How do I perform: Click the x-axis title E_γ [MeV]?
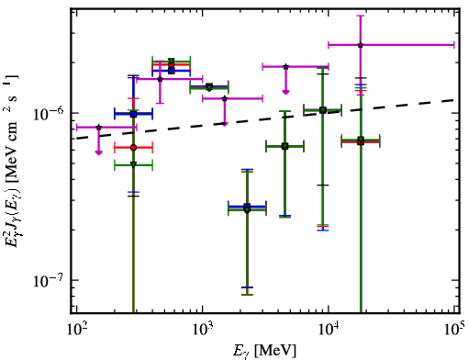click(264, 351)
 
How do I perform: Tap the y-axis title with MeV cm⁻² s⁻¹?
click(13, 161)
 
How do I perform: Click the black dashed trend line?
click(265, 119)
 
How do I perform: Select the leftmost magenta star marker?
click(98, 127)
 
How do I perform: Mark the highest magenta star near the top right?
click(361, 45)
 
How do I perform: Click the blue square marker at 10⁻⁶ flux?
click(133, 114)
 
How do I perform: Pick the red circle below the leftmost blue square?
click(133, 148)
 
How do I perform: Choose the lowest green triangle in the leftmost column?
click(133, 164)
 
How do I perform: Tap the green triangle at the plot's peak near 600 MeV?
click(172, 61)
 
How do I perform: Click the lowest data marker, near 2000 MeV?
click(247, 208)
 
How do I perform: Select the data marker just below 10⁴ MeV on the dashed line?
click(322, 110)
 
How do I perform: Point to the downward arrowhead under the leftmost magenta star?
click(98, 152)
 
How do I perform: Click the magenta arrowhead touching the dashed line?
click(225, 123)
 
